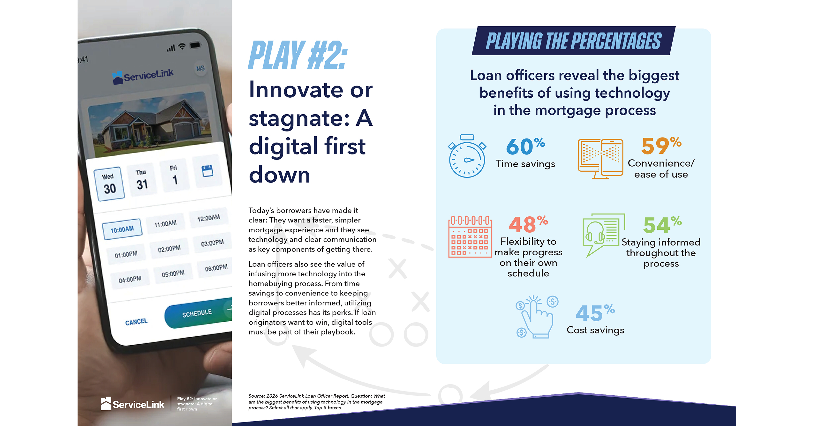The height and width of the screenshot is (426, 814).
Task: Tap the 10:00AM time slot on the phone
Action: click(x=122, y=229)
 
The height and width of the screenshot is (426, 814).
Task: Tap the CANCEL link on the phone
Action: click(x=136, y=322)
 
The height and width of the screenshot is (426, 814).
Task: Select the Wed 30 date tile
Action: click(x=109, y=184)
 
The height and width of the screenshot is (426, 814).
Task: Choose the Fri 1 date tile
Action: click(x=174, y=175)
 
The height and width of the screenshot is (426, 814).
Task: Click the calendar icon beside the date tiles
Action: click(x=207, y=171)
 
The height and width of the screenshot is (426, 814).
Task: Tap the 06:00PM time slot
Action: click(x=216, y=268)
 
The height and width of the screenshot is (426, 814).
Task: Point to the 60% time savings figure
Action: click(x=525, y=146)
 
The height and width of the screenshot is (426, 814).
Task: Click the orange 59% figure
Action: click(x=661, y=146)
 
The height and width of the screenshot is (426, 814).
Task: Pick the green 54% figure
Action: click(x=662, y=225)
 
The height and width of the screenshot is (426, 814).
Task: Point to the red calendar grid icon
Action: click(x=470, y=236)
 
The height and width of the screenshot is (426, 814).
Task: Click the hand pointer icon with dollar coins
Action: click(x=537, y=317)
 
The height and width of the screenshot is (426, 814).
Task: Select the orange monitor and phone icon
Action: click(x=600, y=159)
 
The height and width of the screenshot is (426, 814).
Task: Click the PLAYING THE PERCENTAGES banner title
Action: click(x=574, y=41)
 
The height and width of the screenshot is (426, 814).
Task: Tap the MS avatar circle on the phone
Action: click(x=200, y=68)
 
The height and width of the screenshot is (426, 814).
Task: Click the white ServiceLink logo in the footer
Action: click(x=132, y=404)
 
